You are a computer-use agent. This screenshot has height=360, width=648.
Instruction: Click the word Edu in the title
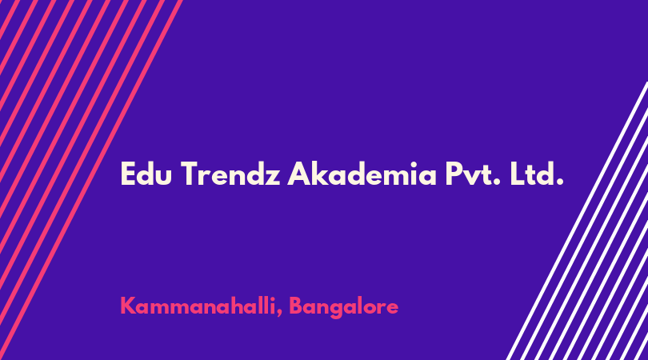pyautogui.click(x=146, y=174)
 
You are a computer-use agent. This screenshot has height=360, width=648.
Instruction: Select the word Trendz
pyautogui.click(x=230, y=174)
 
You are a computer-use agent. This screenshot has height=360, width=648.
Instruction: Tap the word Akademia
pyautogui.click(x=362, y=174)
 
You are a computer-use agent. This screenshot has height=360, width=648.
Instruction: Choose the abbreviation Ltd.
pyautogui.click(x=537, y=174)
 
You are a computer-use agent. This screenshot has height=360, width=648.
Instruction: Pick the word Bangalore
pyautogui.click(x=343, y=307)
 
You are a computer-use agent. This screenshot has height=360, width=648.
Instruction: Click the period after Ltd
pyautogui.click(x=560, y=182)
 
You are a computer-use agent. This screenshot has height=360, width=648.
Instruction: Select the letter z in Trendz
pyautogui.click(x=273, y=178)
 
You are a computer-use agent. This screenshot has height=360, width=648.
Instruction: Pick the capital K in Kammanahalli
pyautogui.click(x=129, y=306)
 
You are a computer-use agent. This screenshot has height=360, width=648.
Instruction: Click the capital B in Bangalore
pyautogui.click(x=296, y=306)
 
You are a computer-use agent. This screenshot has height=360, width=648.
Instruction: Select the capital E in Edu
pyautogui.click(x=128, y=174)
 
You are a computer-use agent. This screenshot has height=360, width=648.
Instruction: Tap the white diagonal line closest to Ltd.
pyautogui.click(x=577, y=221)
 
